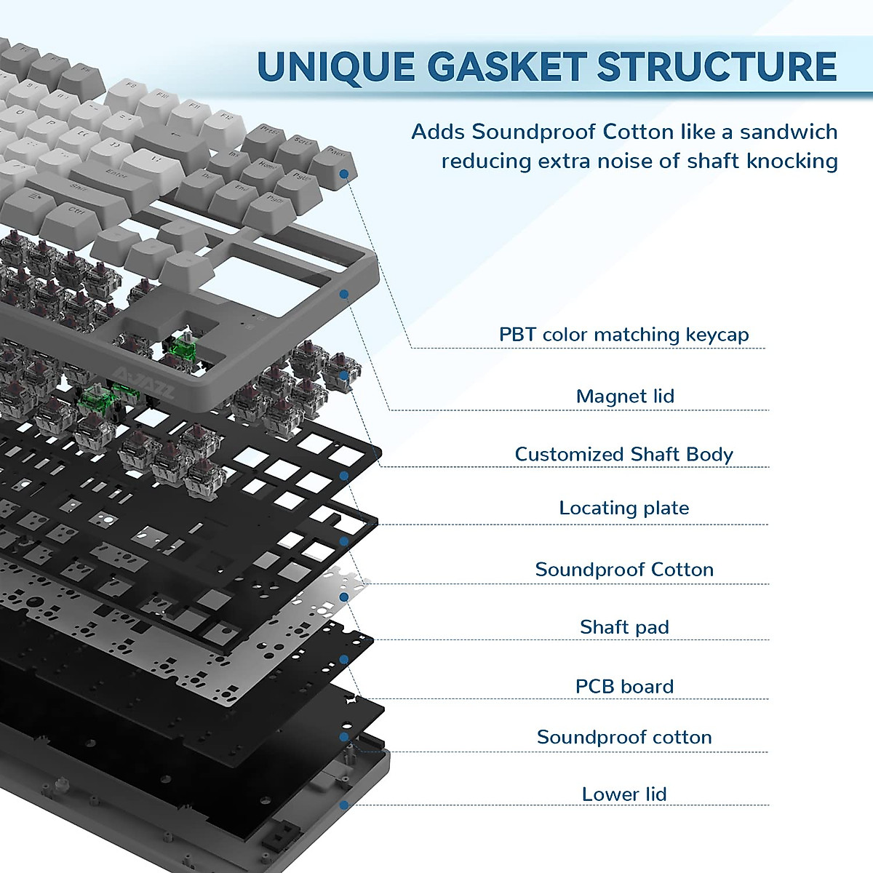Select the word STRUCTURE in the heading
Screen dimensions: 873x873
coord(717,67)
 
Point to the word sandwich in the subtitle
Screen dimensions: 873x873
coord(789,132)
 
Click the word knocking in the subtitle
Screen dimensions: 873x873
coord(792,161)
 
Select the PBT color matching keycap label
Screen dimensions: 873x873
coord(623,335)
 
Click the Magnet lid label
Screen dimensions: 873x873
coord(625,396)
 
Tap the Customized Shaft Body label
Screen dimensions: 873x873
coord(623,455)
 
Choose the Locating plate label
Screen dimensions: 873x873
coord(623,508)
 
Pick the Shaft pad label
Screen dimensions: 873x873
coord(624,627)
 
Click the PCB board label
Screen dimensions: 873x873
coord(624,687)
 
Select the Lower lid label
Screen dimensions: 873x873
coord(624,794)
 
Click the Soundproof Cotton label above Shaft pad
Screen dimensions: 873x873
coord(624,570)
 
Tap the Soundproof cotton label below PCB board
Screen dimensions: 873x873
coord(624,738)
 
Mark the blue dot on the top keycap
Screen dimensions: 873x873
coord(344,174)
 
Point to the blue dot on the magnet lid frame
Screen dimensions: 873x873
coord(344,295)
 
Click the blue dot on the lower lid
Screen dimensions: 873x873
coord(344,805)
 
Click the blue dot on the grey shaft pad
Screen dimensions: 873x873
coord(344,597)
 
